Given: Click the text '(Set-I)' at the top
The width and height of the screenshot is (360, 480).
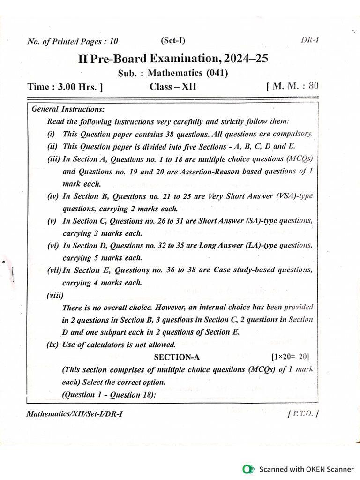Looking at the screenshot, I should tap(174, 41).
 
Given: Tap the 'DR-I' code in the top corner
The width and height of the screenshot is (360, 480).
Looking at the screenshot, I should tap(310, 40).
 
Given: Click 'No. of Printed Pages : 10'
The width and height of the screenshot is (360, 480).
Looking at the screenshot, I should tap(73, 42).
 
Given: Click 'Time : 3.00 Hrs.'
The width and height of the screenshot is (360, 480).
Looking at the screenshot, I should tap(65, 87).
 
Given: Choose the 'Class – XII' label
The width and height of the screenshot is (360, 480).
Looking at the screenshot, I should tap(173, 87).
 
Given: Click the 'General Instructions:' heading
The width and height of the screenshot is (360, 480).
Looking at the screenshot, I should tap(68, 109).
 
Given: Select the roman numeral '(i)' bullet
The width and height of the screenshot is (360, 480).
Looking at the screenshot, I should tap(51, 134).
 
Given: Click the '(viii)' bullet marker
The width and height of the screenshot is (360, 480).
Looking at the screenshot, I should tap(55, 295).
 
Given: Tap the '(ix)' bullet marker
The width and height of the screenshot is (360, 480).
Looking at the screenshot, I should tap(53, 345).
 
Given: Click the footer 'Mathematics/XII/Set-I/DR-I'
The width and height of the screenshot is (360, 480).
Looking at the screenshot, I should tap(75, 414).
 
